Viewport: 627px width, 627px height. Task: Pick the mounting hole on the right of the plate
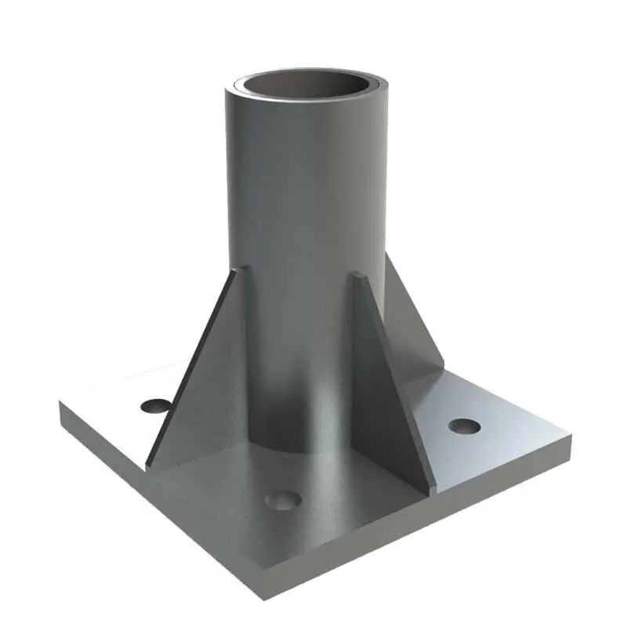[464, 426]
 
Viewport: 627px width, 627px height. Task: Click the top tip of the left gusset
[237, 270]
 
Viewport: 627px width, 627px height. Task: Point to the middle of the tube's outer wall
[306, 235]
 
